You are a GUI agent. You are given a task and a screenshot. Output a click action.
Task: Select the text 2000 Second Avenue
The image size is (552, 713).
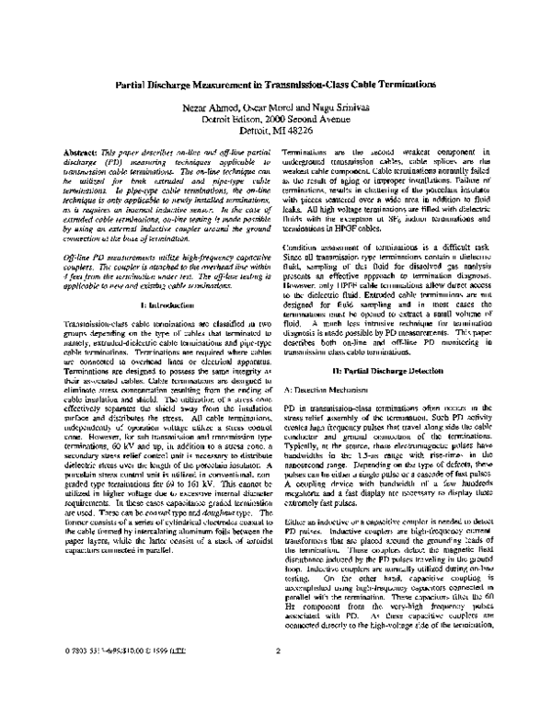[309, 119]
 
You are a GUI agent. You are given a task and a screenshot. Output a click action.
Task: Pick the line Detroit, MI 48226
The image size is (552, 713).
[276, 131]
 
